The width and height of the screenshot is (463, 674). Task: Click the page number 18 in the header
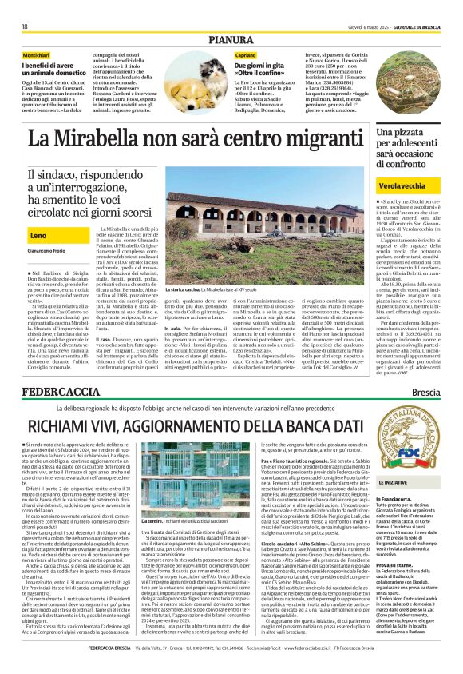25,26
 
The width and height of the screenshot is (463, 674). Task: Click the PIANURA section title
231,39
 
